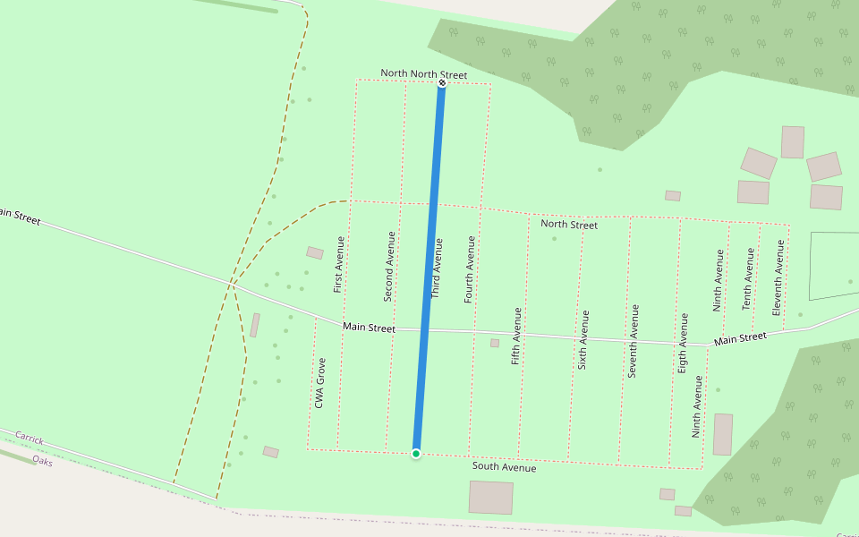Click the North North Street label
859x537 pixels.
click(424, 73)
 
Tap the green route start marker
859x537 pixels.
click(416, 454)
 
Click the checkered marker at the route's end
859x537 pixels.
click(442, 83)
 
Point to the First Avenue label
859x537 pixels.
click(338, 264)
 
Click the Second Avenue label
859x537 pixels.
click(389, 266)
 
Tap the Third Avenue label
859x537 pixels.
click(437, 268)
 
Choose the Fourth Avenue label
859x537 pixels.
click(470, 269)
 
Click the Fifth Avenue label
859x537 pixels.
click(516, 336)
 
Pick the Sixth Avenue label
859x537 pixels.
click(584, 340)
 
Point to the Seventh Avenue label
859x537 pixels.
click(634, 341)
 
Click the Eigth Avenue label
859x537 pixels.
click(684, 343)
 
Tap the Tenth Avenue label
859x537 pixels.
click(748, 278)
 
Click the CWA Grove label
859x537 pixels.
click(320, 383)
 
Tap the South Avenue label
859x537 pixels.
click(505, 467)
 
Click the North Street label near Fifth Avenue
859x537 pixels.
click(569, 225)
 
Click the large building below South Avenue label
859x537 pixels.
click(491, 497)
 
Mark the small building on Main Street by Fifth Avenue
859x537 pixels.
click(494, 343)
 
